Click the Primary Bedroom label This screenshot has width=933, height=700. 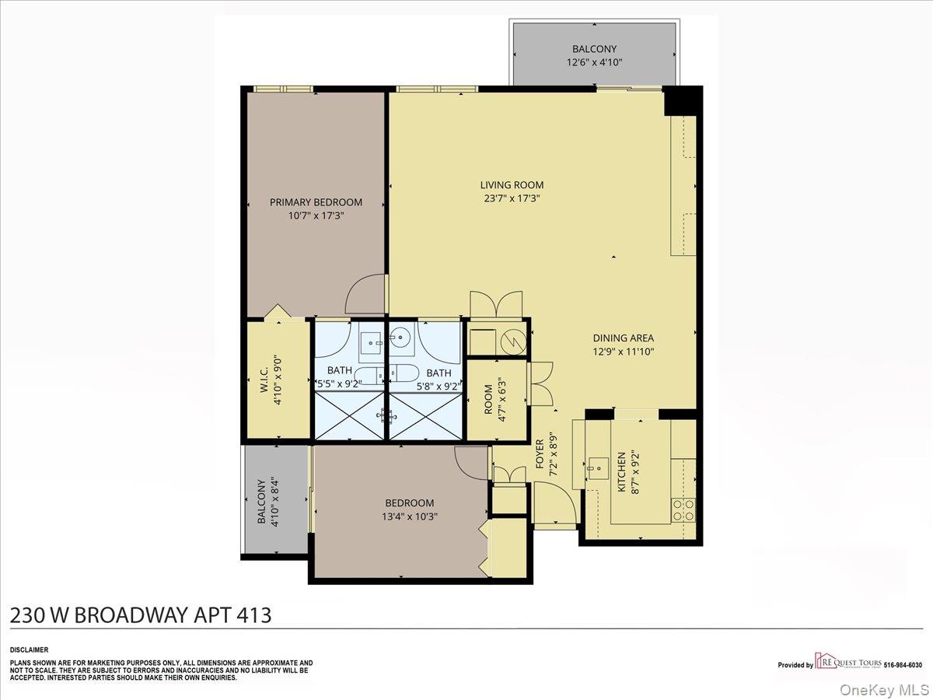[316, 202]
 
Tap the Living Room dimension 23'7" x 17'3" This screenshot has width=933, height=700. [511, 198]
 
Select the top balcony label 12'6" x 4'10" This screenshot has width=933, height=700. [595, 62]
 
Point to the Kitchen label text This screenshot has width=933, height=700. [621, 471]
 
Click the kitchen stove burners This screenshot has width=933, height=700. [683, 509]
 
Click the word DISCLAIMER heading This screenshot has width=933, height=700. [29, 649]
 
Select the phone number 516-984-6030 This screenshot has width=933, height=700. [903, 665]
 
